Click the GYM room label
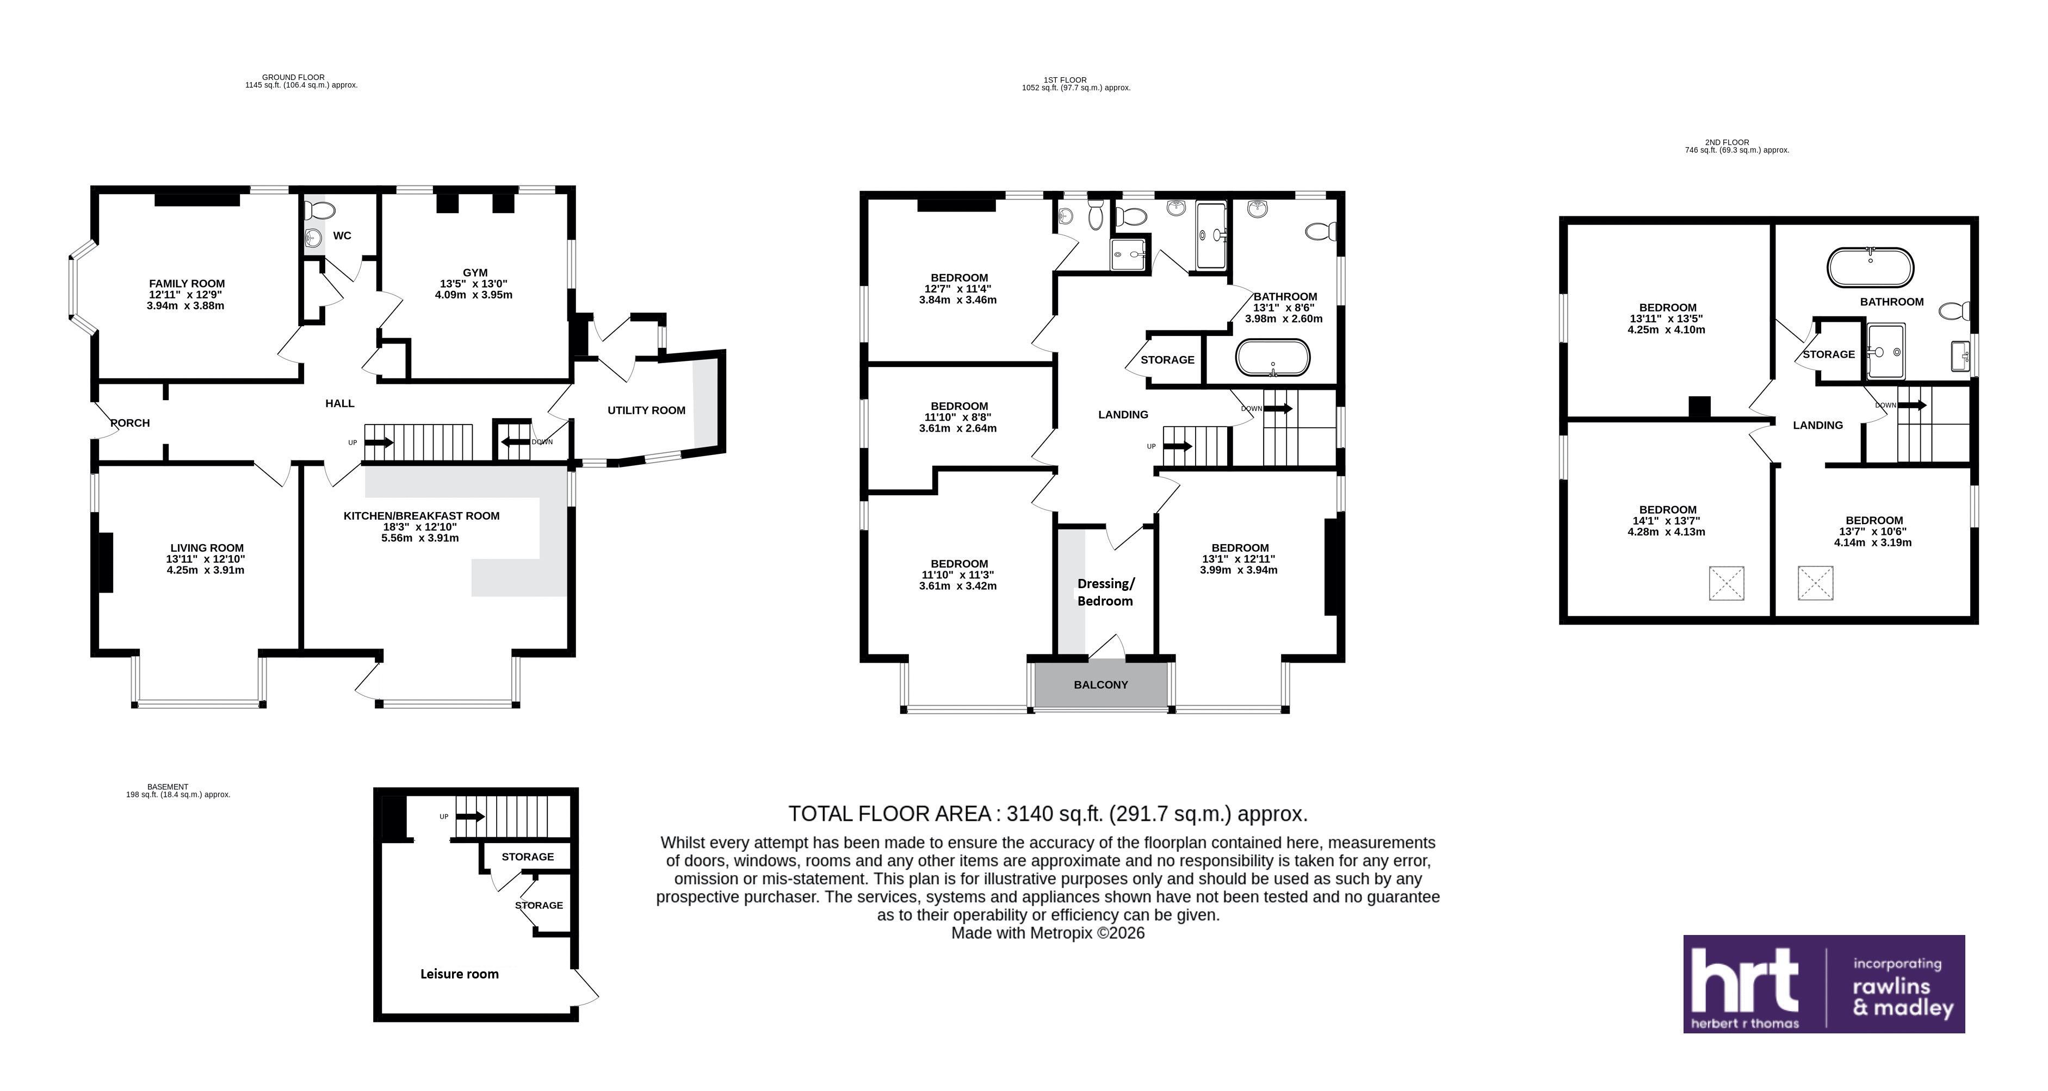coord(475,272)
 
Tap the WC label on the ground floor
coord(342,235)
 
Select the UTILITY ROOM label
coord(646,410)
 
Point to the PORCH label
coord(131,423)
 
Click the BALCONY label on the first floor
coord(1100,684)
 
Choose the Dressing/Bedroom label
coord(1105,592)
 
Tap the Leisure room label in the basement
coord(460,974)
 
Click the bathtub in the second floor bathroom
coord(1870,268)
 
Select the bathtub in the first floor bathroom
coord(1272,358)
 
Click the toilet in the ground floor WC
coord(320,210)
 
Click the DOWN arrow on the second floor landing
coord(1912,405)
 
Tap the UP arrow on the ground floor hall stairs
coord(379,442)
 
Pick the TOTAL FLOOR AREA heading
coord(1048,814)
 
